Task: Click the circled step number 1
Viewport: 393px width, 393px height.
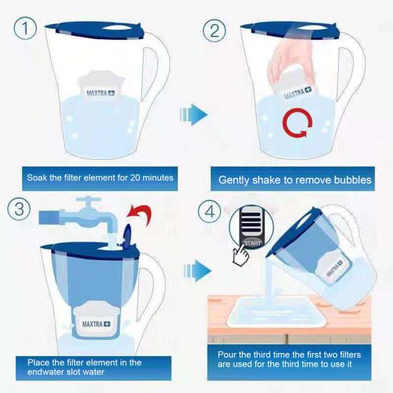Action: click(25, 28)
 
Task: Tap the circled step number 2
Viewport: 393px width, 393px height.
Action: click(214, 31)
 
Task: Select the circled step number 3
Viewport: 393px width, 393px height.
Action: click(19, 209)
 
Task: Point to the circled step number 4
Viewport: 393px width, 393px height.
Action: click(210, 212)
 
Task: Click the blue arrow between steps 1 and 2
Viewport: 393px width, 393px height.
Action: click(193, 114)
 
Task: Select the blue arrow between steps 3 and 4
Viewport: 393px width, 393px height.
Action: click(198, 271)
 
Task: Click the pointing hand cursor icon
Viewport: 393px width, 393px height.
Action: click(241, 254)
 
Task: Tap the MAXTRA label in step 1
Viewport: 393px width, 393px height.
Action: click(101, 93)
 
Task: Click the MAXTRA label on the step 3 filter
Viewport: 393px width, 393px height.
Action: click(96, 324)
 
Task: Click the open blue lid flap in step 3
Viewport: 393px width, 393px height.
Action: click(127, 235)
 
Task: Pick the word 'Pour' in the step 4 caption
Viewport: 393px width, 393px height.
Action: click(227, 355)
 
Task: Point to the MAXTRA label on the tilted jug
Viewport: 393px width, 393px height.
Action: click(335, 269)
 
